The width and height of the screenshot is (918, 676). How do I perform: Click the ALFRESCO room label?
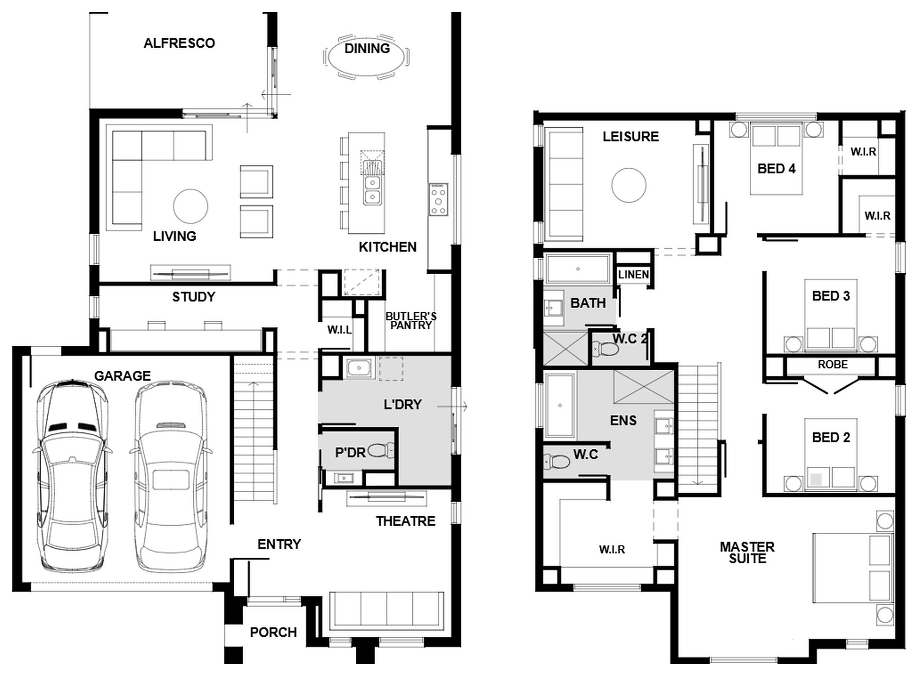179,43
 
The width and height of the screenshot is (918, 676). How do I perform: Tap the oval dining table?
366,57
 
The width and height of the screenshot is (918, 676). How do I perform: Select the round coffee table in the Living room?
191,207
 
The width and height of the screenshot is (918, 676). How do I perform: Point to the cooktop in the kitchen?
438,199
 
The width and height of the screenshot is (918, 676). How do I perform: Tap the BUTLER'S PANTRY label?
411,321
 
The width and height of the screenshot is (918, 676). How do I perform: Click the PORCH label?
273,632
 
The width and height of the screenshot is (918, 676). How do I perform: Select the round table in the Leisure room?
629,185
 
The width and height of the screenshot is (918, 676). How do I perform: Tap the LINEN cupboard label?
633,275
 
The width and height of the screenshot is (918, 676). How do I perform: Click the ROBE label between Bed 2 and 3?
833,364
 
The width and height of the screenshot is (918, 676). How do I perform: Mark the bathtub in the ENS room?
560,405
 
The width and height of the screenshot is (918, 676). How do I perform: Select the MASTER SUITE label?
747,552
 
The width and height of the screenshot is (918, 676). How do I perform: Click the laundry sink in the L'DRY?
359,368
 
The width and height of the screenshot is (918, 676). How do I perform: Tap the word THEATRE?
406,521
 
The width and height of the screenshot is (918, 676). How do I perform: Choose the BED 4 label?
776,169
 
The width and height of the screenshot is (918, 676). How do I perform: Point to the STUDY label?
194,297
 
